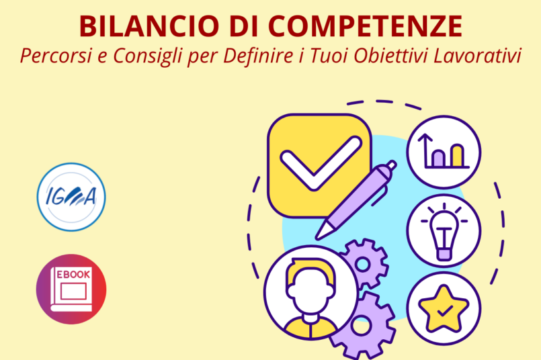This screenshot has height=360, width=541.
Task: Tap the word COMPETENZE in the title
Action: click(x=365, y=26)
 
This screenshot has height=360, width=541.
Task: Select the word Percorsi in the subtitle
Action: click(x=56, y=56)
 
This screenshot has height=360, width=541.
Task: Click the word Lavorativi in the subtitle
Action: click(x=477, y=56)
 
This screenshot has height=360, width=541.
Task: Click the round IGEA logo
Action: click(x=71, y=197)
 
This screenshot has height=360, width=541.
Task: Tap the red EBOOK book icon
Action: click(x=71, y=289)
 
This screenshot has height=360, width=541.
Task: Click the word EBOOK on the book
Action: click(x=73, y=275)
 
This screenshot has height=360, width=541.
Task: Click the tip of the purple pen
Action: click(x=317, y=237)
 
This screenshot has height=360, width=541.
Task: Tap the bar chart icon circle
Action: click(x=444, y=152)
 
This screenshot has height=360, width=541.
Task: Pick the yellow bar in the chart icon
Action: click(x=458, y=156)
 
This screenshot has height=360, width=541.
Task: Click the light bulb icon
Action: click(x=444, y=231)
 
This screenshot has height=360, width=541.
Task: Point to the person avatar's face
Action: click(x=310, y=292)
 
